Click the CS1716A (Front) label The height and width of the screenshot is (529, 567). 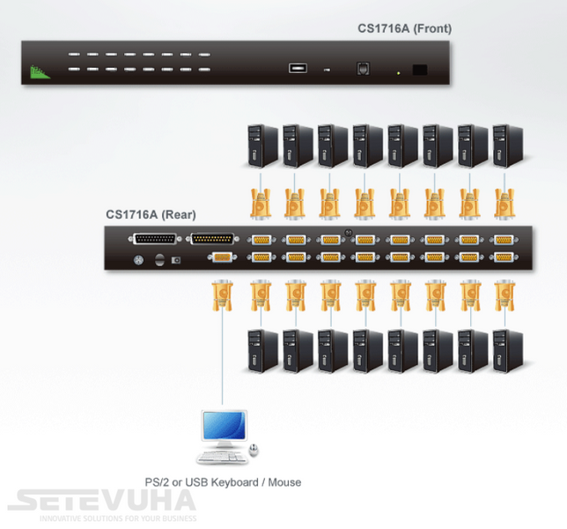pos(404,28)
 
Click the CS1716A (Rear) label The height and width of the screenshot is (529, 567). pos(151,215)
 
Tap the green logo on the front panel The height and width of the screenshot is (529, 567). pos(40,72)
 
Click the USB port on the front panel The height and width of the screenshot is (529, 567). pos(298,68)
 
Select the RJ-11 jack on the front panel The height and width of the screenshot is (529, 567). pos(363,68)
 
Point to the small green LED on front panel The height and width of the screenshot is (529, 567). pos(399,73)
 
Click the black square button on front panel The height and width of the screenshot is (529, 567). pos(420,70)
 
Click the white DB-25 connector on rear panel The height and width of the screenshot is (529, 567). pos(155,239)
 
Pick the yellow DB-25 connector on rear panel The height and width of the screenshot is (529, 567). pos(212,239)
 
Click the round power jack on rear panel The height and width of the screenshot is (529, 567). pos(138,259)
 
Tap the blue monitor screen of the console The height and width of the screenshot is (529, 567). pos(225,425)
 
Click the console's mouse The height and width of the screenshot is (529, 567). pos(254,450)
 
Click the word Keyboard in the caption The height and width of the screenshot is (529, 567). pos(234,482)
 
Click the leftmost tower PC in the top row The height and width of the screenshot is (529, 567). pos(262,146)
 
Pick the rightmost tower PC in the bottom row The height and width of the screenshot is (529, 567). pos(508,351)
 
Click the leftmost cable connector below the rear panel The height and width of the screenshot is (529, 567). pos(222,295)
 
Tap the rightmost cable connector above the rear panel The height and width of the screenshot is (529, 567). pos(504,203)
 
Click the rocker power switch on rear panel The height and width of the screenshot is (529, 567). pos(159,259)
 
